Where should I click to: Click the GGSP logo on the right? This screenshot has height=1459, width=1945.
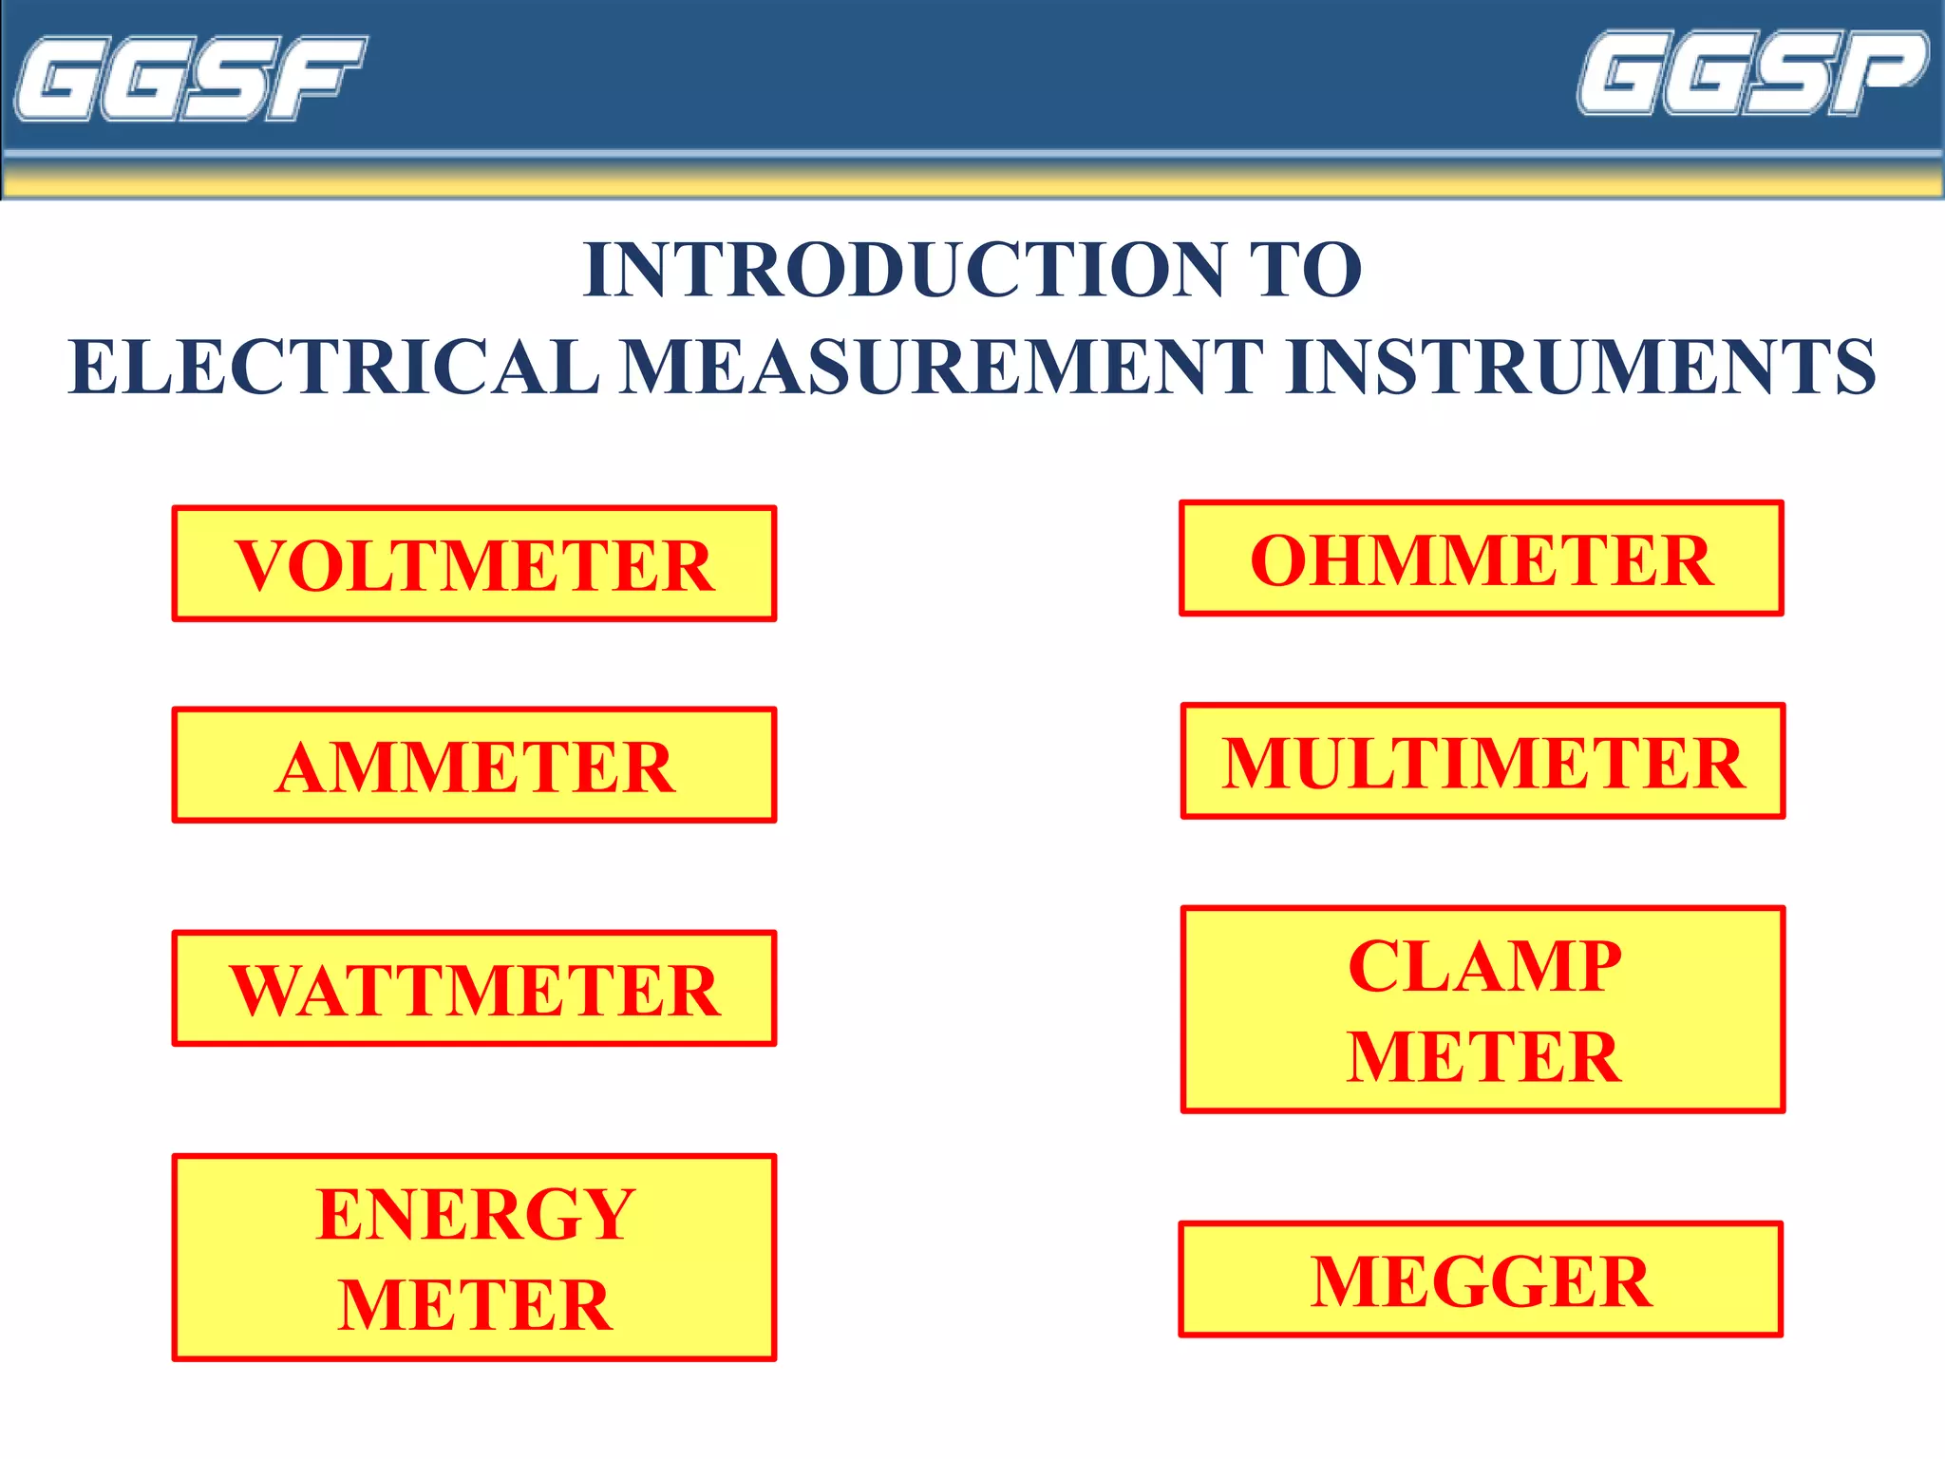pos(1753,73)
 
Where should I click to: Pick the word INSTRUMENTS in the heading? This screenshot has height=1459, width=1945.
pos(1580,368)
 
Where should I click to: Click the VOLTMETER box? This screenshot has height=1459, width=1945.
pos(474,564)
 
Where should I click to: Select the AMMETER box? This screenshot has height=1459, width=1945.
pos(474,766)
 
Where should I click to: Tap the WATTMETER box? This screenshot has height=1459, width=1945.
pos(474,989)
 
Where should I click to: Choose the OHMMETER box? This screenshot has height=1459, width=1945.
pos(1482,559)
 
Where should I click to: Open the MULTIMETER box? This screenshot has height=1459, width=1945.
pos(1482,762)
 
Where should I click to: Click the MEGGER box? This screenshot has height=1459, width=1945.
pos(1481,1280)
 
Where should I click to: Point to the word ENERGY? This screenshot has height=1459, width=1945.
pos(476,1214)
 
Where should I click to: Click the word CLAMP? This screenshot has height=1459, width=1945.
pos(1484,966)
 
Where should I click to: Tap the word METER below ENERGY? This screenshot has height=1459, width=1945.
pos(476,1304)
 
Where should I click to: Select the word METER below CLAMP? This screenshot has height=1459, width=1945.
pos(1484,1056)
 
